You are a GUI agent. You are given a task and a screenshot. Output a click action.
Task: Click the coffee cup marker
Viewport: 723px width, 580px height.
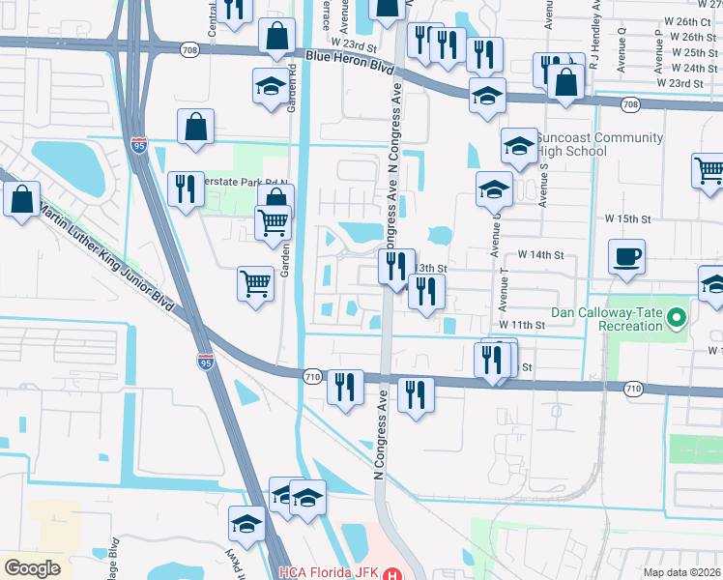pyautogui.click(x=626, y=258)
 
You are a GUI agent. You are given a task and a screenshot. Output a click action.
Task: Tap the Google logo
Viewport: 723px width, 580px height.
pyautogui.click(x=33, y=568)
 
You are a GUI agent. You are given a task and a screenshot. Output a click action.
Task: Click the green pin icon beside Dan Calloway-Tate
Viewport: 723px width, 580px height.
pyautogui.click(x=677, y=315)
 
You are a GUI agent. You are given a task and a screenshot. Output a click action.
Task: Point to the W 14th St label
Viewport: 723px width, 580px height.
pyautogui.click(x=541, y=254)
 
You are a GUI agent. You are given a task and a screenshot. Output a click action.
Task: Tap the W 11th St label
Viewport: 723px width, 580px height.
pyautogui.click(x=522, y=326)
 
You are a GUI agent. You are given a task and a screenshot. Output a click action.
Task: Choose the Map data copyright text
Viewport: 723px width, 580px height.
pyautogui.click(x=682, y=572)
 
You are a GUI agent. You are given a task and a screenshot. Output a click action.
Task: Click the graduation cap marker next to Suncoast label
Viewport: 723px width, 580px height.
pyautogui.click(x=519, y=146)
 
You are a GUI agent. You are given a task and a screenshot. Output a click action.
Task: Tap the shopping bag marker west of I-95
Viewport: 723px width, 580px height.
pyautogui.click(x=21, y=200)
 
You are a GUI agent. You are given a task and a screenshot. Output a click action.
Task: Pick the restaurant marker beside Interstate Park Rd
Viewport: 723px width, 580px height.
pyautogui.click(x=185, y=189)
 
